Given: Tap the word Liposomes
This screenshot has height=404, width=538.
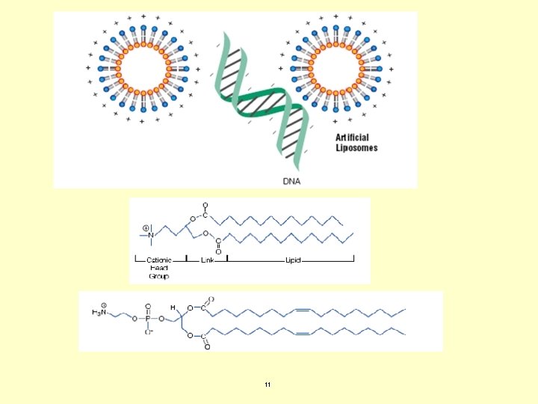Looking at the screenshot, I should (356, 147).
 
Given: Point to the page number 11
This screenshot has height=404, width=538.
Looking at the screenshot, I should (268, 385).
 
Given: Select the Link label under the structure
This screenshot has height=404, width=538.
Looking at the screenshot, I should (208, 260).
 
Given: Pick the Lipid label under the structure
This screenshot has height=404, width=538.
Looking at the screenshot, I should (293, 260).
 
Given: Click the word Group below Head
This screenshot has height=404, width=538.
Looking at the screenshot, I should (158, 276).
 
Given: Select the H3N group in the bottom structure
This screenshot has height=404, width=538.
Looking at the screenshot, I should (100, 311).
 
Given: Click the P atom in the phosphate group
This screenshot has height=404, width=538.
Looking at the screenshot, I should (148, 317).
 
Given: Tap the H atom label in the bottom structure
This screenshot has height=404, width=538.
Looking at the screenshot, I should (172, 307).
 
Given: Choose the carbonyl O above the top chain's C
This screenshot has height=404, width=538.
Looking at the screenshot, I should (205, 204).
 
